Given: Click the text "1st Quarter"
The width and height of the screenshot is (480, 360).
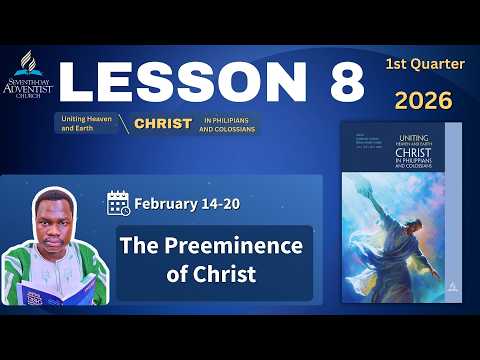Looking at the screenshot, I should (x=424, y=64).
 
